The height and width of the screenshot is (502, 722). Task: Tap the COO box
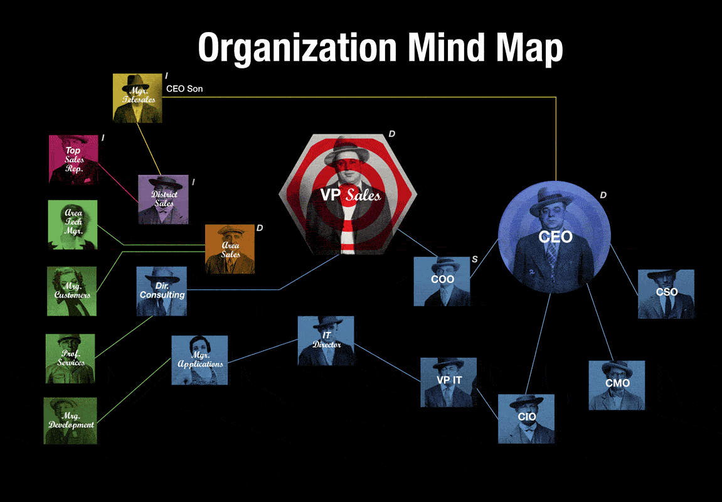(442, 281)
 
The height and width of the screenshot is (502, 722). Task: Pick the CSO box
(666, 294)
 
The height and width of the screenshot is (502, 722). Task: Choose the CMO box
(617, 385)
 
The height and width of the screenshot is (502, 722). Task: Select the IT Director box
(326, 341)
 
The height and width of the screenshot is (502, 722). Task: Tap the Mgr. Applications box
(199, 360)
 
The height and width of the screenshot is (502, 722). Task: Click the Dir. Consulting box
(162, 291)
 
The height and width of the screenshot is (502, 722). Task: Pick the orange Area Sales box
(230, 249)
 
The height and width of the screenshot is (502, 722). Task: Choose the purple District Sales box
(163, 200)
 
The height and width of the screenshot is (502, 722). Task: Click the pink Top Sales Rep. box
(73, 159)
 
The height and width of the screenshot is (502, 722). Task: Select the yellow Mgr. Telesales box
(137, 97)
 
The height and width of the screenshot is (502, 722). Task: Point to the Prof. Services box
(70, 358)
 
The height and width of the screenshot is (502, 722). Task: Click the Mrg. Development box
(70, 420)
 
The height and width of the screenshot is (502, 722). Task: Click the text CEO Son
(184, 89)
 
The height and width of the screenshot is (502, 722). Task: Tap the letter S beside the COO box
(474, 259)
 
